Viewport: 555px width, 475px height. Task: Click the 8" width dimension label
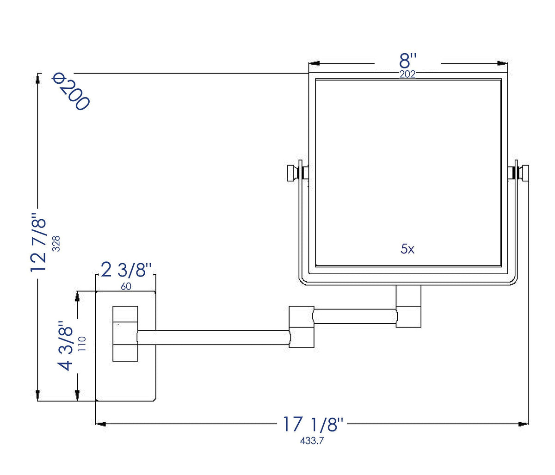[x=407, y=61]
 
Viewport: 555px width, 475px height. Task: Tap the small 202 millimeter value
[x=407, y=74]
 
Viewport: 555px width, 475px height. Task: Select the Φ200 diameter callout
[x=70, y=92]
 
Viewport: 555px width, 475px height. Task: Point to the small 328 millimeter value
[x=56, y=243]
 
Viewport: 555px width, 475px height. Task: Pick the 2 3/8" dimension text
[x=126, y=270]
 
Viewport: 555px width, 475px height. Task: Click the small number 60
[x=126, y=286]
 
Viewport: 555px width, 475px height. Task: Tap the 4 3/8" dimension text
[x=65, y=346]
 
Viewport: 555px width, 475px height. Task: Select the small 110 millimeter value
[x=81, y=344]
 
